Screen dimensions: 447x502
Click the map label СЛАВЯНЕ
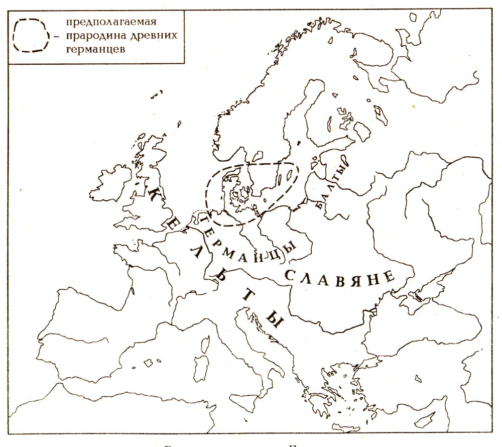point(340,279)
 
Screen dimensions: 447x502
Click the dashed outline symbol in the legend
point(31,35)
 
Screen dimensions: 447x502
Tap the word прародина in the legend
point(93,36)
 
